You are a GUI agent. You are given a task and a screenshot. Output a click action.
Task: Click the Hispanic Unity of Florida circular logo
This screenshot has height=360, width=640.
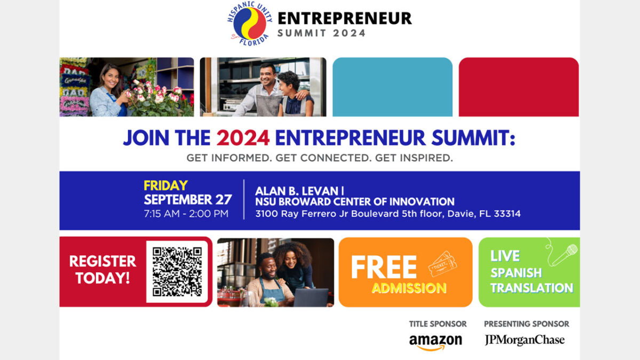pyautogui.click(x=250, y=23)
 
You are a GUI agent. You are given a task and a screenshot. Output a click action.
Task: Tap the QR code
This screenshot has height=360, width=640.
pyautogui.click(x=177, y=271)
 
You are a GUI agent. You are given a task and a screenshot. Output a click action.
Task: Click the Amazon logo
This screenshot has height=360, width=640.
pyautogui.click(x=436, y=341)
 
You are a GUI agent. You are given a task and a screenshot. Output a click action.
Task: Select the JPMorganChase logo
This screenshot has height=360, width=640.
pyautogui.click(x=524, y=340)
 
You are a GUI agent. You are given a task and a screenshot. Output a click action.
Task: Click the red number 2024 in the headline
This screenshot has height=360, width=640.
pyautogui.click(x=243, y=138)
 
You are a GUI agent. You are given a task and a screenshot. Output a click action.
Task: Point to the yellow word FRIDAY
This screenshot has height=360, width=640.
pyautogui.click(x=165, y=186)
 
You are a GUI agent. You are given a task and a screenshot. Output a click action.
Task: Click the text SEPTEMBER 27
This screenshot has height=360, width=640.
pyautogui.click(x=188, y=199)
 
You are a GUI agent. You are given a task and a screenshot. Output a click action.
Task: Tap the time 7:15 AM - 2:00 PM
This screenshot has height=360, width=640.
pyautogui.click(x=186, y=214)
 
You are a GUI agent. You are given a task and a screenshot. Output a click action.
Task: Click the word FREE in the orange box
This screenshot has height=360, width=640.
pyautogui.click(x=383, y=268)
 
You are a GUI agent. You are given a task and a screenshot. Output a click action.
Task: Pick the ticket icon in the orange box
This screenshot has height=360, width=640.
pyautogui.click(x=442, y=263)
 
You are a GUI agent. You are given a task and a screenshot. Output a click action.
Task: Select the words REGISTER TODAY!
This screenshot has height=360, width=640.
pyautogui.click(x=102, y=269)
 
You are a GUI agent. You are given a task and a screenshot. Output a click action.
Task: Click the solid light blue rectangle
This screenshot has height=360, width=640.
pyautogui.click(x=392, y=87)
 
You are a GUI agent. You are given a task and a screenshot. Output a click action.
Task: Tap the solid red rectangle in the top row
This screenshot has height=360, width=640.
pyautogui.click(x=518, y=87)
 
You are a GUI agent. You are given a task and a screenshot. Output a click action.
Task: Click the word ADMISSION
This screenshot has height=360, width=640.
pyautogui.click(x=409, y=289)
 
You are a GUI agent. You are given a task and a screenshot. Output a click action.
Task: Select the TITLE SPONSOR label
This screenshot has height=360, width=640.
pyautogui.click(x=437, y=324)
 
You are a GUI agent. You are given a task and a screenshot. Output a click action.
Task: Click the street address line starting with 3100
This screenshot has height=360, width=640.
pyautogui.click(x=388, y=214)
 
